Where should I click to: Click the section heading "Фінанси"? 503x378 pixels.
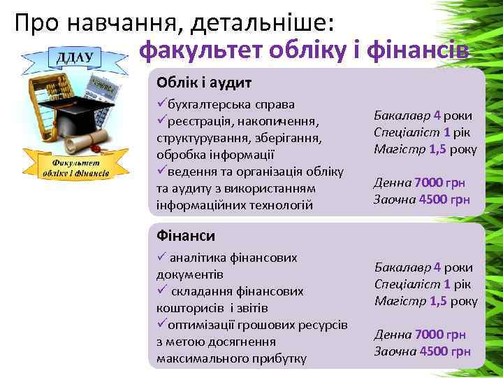pyautogui.click(x=186, y=236)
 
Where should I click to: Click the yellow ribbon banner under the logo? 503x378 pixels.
pyautogui.click(x=75, y=167)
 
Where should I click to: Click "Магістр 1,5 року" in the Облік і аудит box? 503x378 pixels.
pyautogui.click(x=425, y=148)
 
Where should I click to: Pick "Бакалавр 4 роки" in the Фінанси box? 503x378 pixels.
pyautogui.click(x=423, y=267)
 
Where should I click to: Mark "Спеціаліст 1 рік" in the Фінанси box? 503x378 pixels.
pyautogui.click(x=423, y=284)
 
